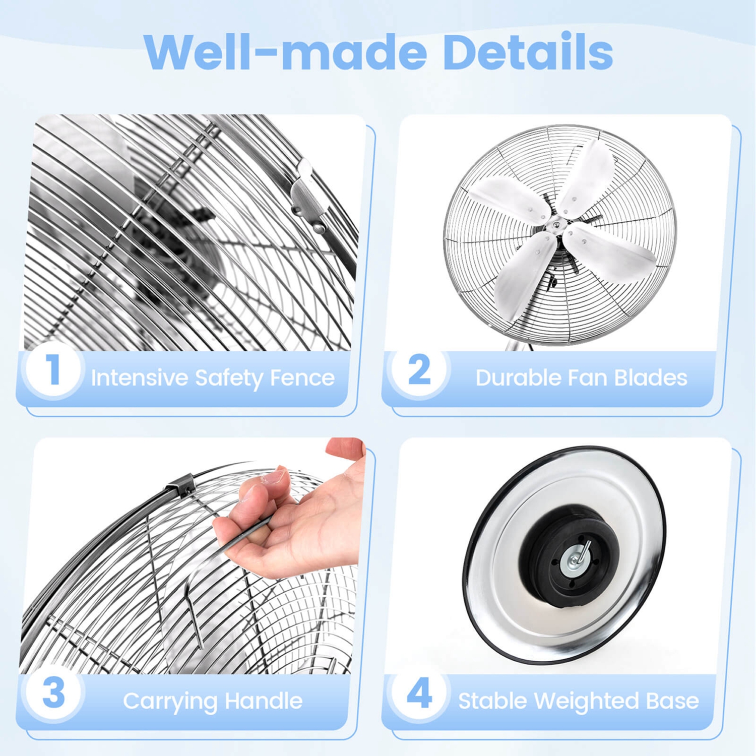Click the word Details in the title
click(x=528, y=52)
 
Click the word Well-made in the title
click(x=285, y=52)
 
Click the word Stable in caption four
click(x=492, y=701)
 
